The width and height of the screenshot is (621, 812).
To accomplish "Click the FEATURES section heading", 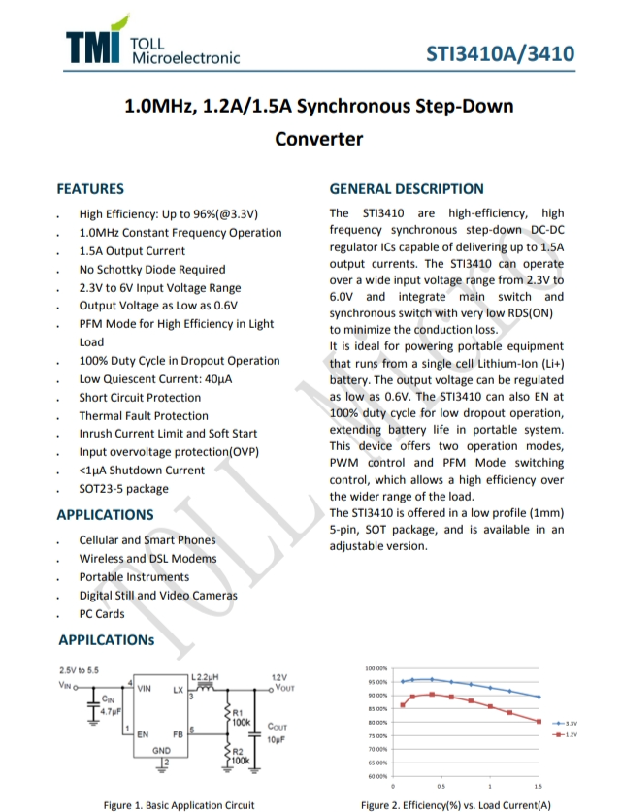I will [x=90, y=189].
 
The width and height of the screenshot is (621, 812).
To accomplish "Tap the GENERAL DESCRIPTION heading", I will [x=407, y=189].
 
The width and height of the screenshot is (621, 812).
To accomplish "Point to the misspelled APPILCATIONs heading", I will [x=106, y=640].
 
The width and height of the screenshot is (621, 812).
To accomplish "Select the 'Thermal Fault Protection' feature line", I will [x=144, y=415].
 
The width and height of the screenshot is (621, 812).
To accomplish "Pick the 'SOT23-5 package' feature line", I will [x=123, y=489].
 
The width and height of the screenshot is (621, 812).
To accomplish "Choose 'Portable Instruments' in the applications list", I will [x=134, y=577].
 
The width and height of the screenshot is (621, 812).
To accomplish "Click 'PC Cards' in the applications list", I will [x=102, y=614].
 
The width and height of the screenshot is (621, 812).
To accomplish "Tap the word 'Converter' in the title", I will [x=319, y=139].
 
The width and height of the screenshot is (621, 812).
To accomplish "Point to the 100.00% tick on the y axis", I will [x=376, y=668].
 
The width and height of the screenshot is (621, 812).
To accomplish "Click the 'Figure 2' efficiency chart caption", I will [x=455, y=804].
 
